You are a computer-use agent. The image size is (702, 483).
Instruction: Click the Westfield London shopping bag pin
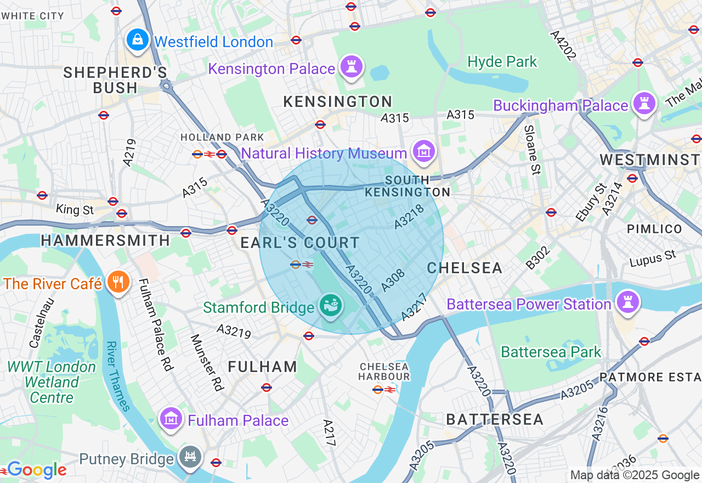(x=137, y=40)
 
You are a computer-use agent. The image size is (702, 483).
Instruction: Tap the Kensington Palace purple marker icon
(x=352, y=67)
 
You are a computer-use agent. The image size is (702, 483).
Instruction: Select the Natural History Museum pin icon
(x=423, y=151)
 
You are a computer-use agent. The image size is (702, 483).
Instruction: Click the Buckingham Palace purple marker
(x=644, y=103)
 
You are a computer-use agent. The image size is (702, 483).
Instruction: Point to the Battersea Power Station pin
(x=628, y=302)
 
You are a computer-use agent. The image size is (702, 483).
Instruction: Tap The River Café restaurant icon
(x=117, y=282)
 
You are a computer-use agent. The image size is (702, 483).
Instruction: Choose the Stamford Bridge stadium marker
(x=331, y=305)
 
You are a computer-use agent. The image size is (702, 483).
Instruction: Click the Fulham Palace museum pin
(x=171, y=419)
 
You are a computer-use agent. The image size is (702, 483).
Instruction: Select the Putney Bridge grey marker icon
(x=190, y=457)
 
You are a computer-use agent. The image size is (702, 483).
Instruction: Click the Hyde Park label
(x=502, y=61)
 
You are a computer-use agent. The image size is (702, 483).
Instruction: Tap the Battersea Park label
(x=551, y=352)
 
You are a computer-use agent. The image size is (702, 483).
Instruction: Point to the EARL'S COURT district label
(x=300, y=243)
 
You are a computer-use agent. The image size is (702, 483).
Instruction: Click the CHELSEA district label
(x=465, y=268)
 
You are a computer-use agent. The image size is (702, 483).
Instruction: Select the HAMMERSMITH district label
(x=105, y=240)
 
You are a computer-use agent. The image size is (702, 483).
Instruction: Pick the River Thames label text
(x=118, y=376)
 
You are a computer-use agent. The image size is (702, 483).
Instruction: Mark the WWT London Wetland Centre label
(x=52, y=381)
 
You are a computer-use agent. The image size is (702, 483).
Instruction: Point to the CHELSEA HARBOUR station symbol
(x=384, y=389)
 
